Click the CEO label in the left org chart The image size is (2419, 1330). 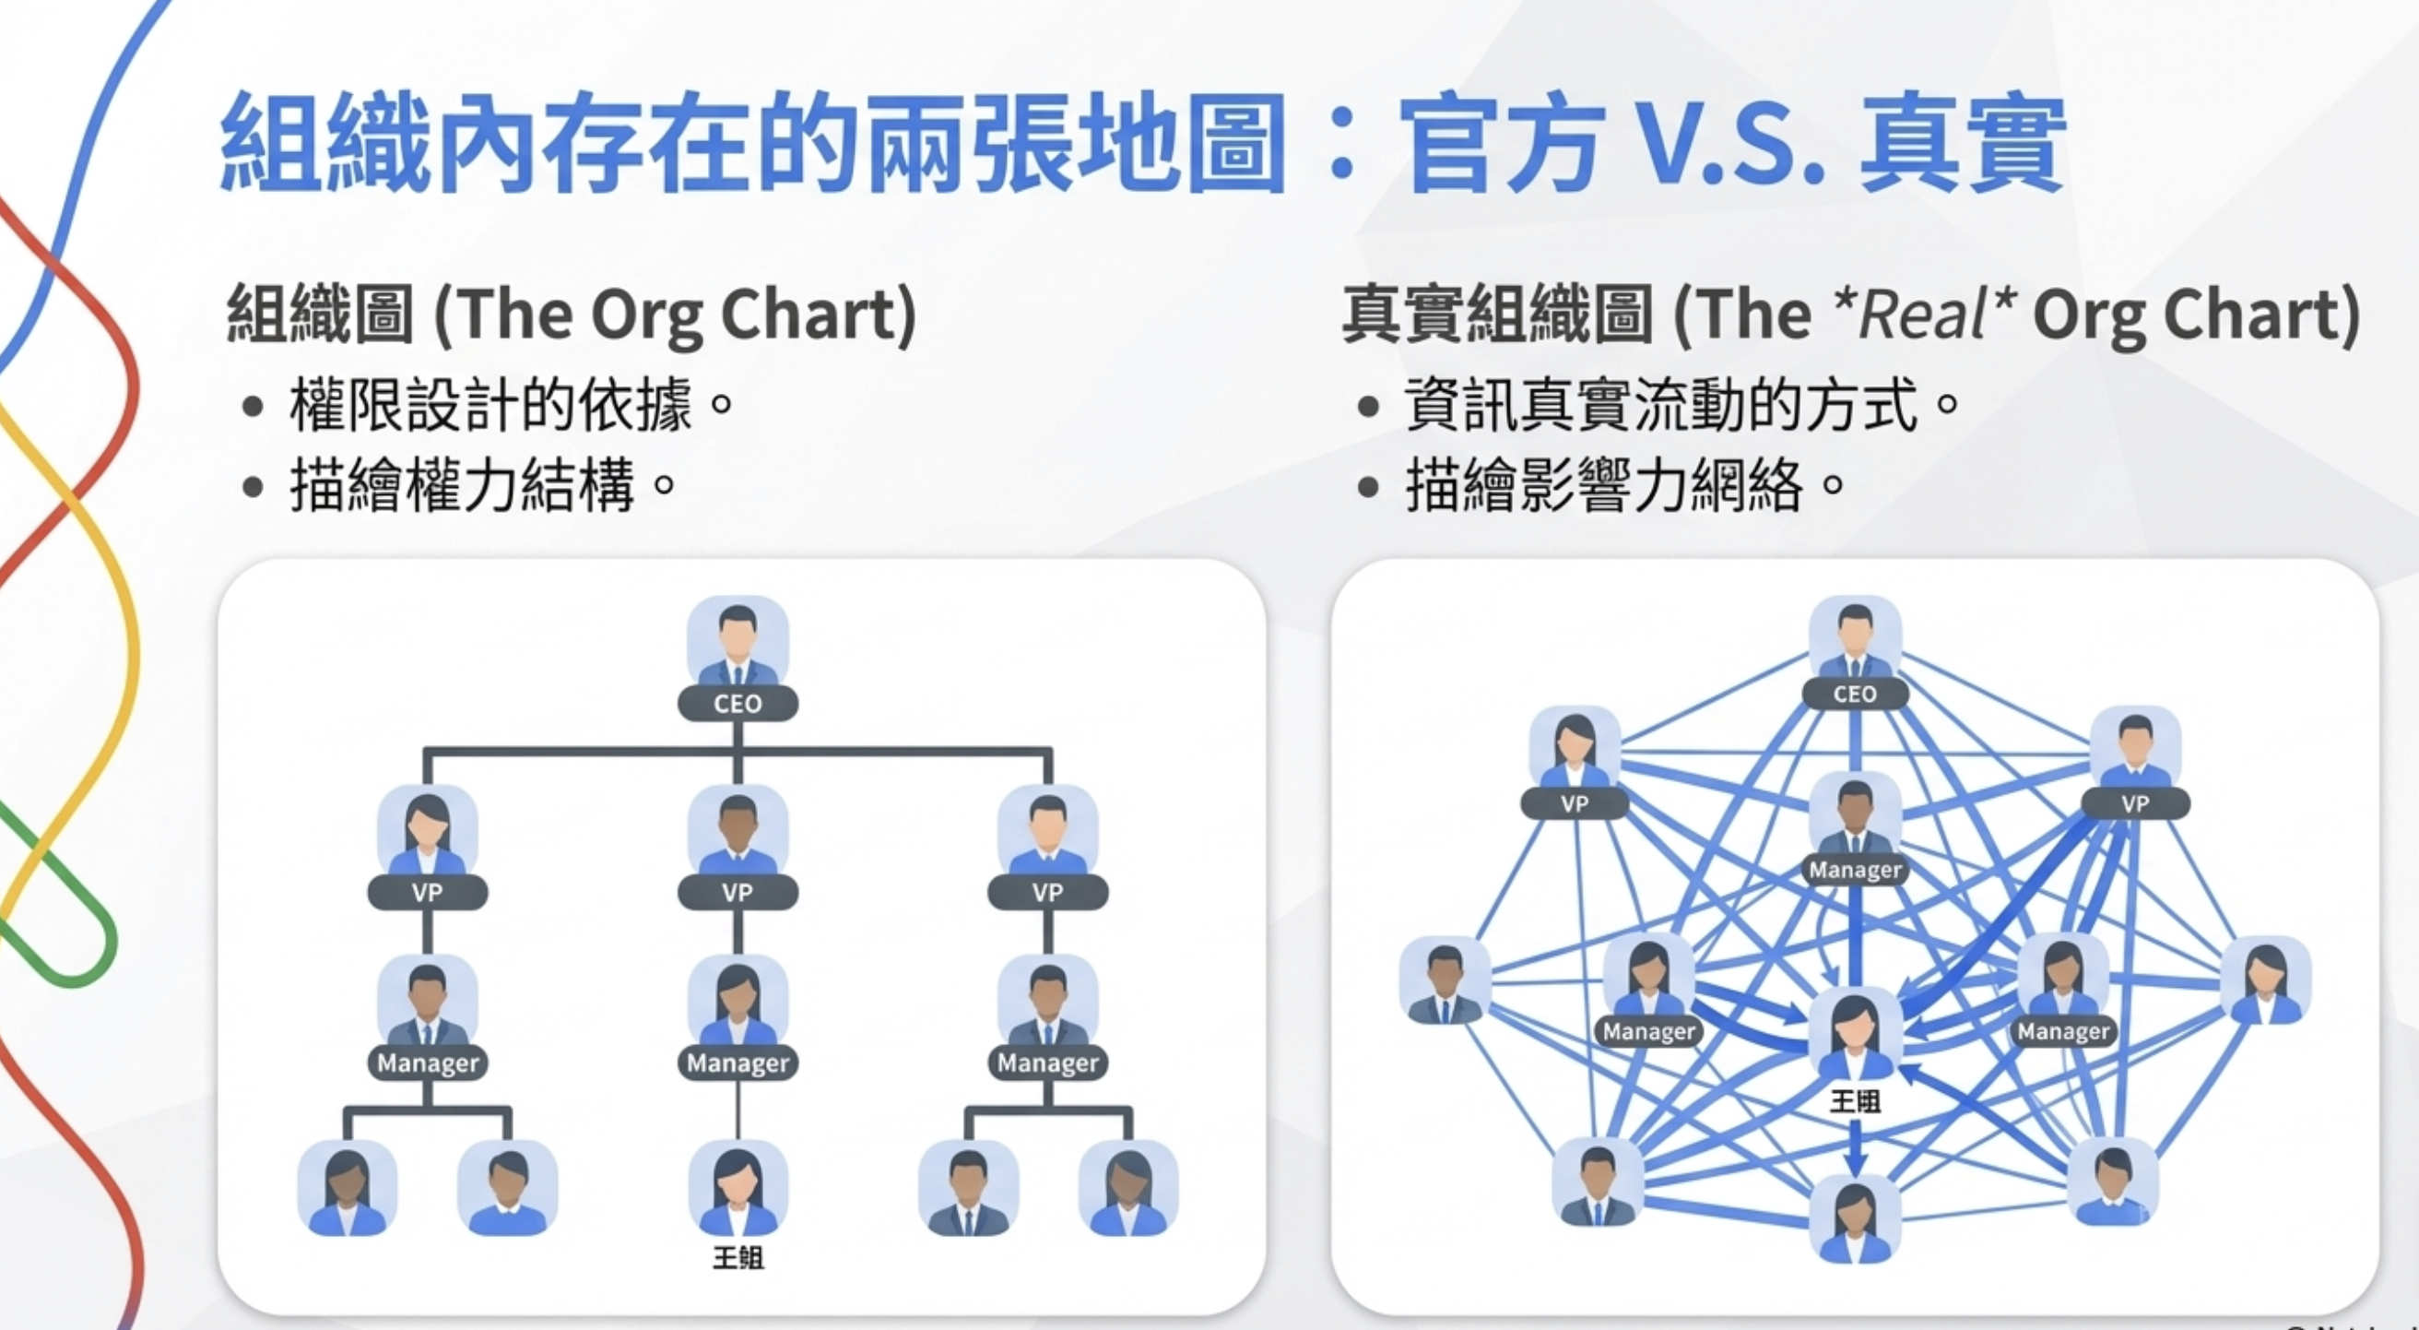pyautogui.click(x=738, y=704)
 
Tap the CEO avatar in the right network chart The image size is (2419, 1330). pyautogui.click(x=1855, y=638)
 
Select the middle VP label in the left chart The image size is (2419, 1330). pyautogui.click(x=738, y=892)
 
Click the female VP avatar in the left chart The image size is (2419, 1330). pyautogui.click(x=427, y=832)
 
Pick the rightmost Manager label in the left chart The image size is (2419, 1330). pyautogui.click(x=1048, y=1063)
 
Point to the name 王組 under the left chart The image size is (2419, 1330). pyautogui.click(x=738, y=1257)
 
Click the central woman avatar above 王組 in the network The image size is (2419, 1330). pyautogui.click(x=1856, y=1033)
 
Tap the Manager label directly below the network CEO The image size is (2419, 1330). pyautogui.click(x=1856, y=871)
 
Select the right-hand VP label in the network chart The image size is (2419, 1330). pyautogui.click(x=2135, y=804)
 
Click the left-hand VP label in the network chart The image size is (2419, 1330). pyautogui.click(x=1575, y=804)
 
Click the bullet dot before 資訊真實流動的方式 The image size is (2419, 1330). pyautogui.click(x=1368, y=407)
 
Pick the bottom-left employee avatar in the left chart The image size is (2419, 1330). pyautogui.click(x=347, y=1188)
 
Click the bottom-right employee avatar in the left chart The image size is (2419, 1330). pyautogui.click(x=1127, y=1188)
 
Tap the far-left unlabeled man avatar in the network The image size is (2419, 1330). pyautogui.click(x=1445, y=982)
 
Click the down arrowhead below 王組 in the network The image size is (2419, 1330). pyautogui.click(x=1856, y=1166)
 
